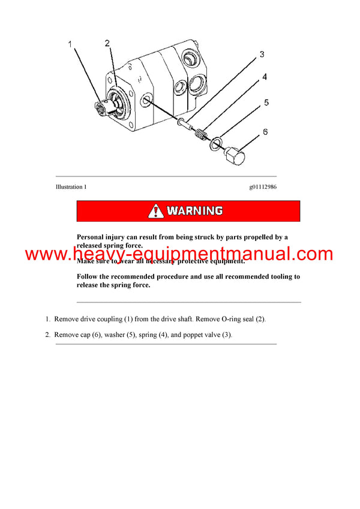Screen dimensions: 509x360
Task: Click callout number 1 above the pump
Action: [x=70, y=45]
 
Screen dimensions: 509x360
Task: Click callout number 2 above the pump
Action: [x=107, y=43]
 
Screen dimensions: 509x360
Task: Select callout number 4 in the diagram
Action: [x=264, y=77]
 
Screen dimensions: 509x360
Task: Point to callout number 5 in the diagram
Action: [x=266, y=103]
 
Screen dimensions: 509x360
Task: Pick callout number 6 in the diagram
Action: [x=265, y=131]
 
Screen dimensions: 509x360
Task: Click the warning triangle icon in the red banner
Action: [x=156, y=211]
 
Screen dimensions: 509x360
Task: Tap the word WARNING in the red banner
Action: [x=194, y=211]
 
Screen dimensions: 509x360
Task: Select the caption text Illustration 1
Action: [x=71, y=186]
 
